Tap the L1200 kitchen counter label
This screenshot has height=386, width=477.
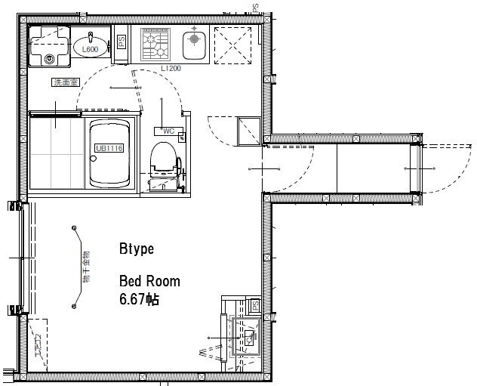(x=171, y=68)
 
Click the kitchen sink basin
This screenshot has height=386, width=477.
(x=195, y=41)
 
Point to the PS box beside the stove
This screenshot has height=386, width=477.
(x=122, y=43)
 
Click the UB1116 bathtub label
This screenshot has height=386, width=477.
(x=109, y=149)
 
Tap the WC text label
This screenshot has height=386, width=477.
(x=168, y=131)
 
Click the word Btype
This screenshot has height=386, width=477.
(x=137, y=249)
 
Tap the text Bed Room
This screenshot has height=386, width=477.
(x=149, y=281)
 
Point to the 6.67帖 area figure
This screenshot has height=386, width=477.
(x=139, y=299)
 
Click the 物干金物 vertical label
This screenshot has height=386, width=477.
(x=85, y=267)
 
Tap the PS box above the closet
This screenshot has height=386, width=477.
(x=255, y=305)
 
